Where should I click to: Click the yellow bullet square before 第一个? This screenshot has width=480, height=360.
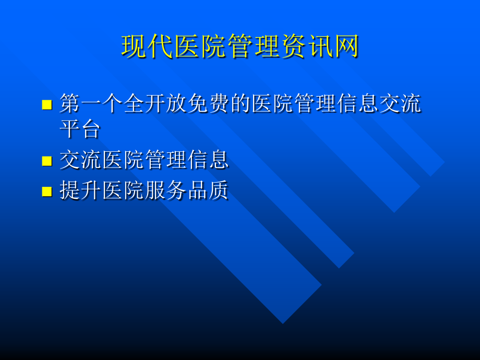pos(47,104)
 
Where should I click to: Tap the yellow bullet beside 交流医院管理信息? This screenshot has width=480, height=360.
pos(47,161)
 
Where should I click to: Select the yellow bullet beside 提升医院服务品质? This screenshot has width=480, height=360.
pos(47,191)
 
